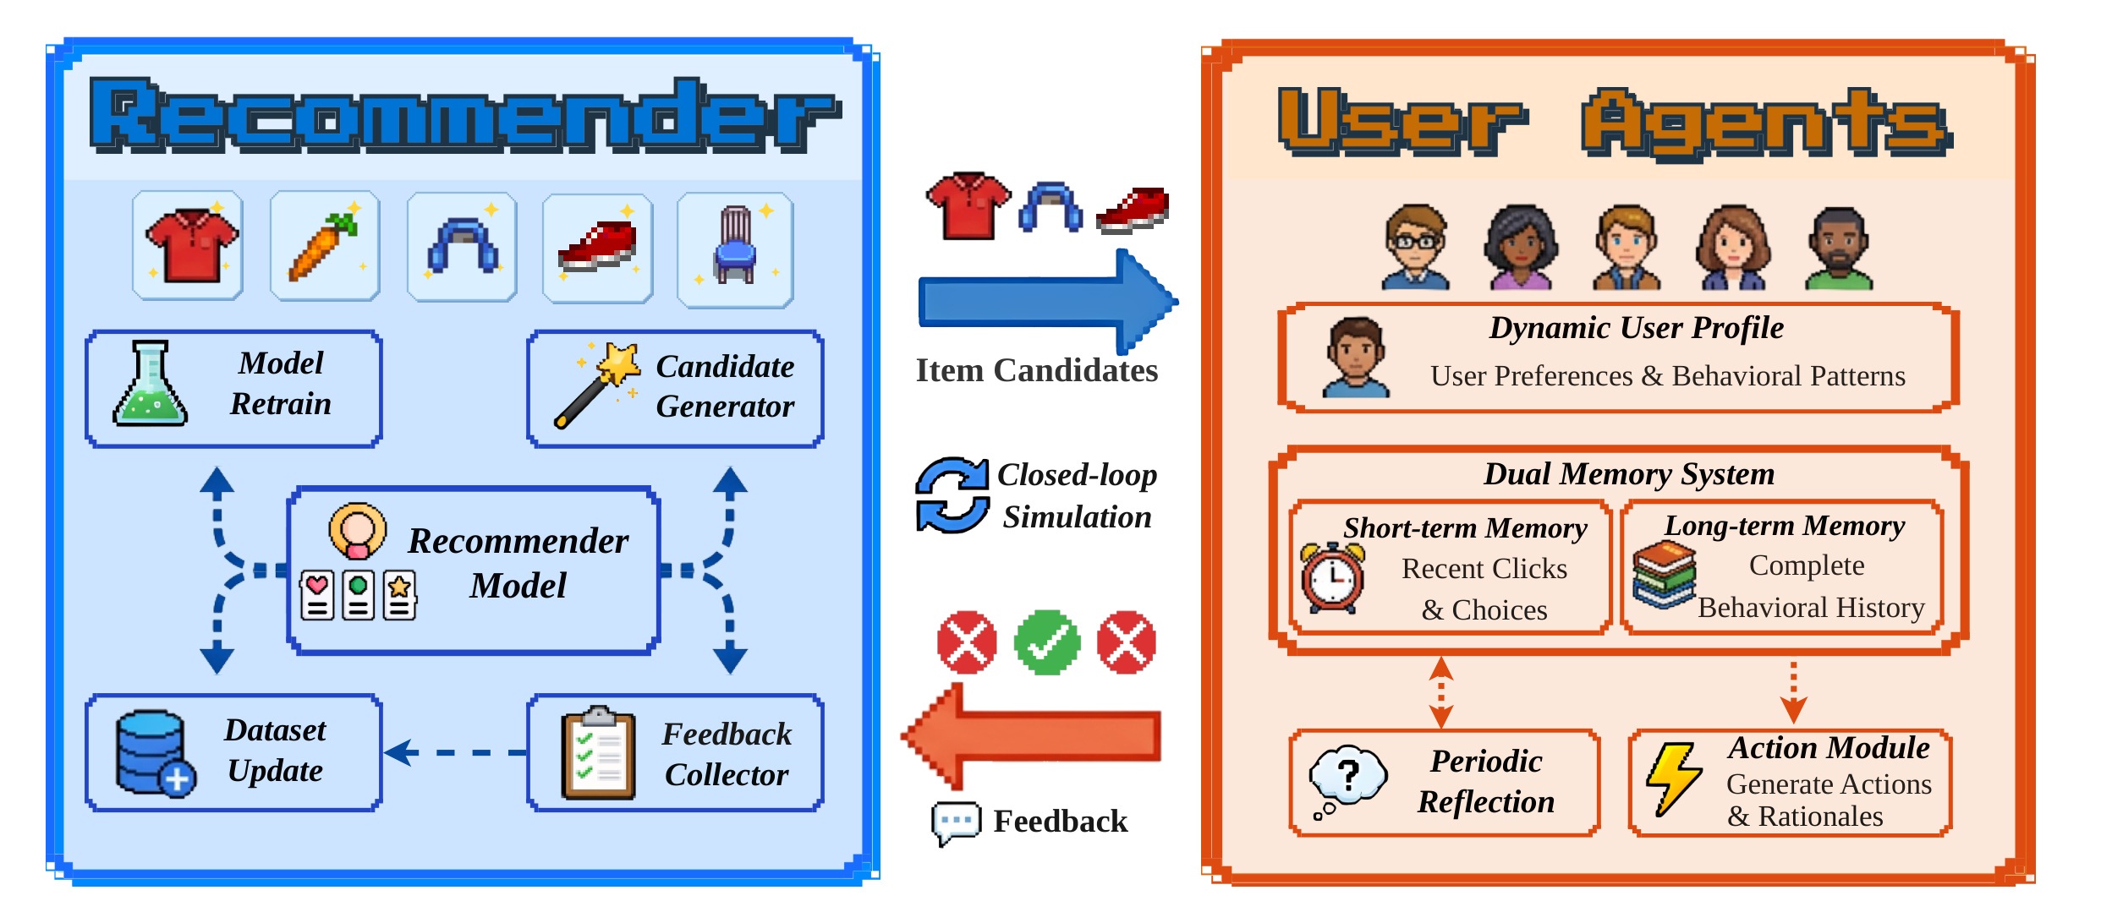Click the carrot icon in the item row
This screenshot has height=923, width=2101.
coord(324,247)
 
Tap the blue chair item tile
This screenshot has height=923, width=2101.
coord(735,249)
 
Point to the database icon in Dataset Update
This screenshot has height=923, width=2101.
coord(154,752)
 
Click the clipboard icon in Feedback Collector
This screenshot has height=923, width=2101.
coord(598,753)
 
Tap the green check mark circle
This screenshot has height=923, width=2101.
coord(1047,642)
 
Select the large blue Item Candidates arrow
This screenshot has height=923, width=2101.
coord(1047,302)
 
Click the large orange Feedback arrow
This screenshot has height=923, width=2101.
coord(1032,736)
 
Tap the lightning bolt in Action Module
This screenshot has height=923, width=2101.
coord(1673,778)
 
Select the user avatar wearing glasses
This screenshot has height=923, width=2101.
coord(1415,247)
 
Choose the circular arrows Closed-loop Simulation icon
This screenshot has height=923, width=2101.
coord(952,495)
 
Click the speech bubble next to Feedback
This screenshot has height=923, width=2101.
coord(956,822)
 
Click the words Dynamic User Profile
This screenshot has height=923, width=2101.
coord(1636,328)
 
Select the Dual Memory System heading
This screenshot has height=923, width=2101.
coord(1629,474)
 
